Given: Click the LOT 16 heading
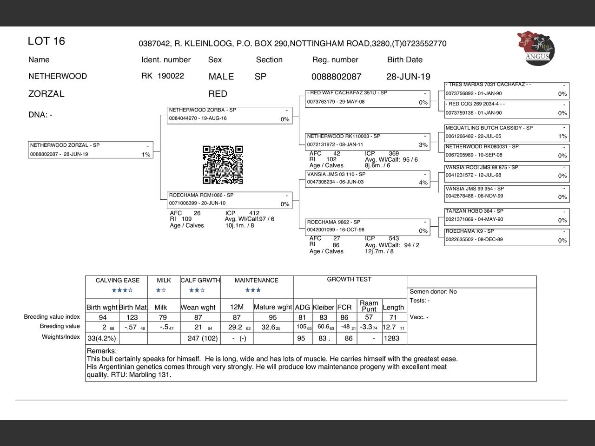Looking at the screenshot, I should [46, 41].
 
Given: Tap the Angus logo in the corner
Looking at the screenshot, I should [535, 48].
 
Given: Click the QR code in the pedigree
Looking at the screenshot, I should [223, 165].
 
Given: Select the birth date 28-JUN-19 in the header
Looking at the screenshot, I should [408, 77].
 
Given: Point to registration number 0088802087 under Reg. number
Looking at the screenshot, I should [336, 77].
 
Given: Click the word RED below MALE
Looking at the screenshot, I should [218, 94].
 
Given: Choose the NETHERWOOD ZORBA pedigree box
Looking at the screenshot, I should [230, 115].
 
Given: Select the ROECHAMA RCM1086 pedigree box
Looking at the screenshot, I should [230, 200].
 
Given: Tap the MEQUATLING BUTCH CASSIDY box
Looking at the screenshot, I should [507, 132].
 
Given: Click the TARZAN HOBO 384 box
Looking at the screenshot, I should [507, 216].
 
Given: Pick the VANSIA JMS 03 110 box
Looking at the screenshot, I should [367, 179].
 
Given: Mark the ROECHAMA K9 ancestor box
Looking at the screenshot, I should [507, 236].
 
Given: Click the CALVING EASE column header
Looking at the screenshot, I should [117, 281].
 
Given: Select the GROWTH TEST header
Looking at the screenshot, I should [349, 280].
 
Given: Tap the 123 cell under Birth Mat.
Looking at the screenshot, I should [132, 317].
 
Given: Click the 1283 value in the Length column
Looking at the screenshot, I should [391, 338].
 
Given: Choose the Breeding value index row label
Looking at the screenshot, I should [52, 317].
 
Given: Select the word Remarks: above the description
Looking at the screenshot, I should [102, 351].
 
